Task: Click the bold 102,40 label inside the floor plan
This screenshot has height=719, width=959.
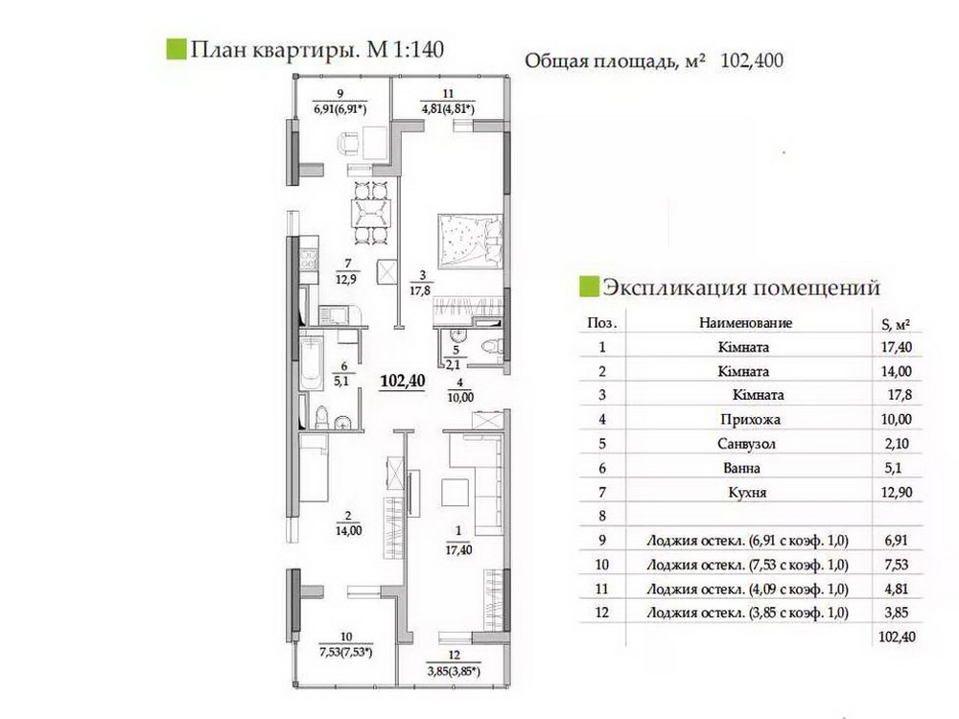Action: (403, 381)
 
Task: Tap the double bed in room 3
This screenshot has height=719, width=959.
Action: (470, 241)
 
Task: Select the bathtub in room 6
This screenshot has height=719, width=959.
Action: (312, 362)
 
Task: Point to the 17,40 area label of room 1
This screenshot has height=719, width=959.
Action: (458, 550)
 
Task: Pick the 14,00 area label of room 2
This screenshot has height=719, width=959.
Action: (349, 531)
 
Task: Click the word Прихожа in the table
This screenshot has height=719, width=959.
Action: (751, 420)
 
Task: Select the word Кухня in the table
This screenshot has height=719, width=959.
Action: (747, 492)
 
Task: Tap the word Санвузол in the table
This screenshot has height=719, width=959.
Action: (746, 444)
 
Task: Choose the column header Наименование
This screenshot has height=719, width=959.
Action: (745, 323)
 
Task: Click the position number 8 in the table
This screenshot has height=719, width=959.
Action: (602, 516)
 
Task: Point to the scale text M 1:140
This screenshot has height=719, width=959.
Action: (405, 50)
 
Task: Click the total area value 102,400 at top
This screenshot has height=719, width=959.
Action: (752, 60)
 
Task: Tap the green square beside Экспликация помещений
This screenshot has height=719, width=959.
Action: (589, 287)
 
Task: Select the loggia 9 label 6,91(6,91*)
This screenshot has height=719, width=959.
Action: (340, 109)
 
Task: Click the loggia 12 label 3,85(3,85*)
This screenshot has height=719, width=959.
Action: (454, 671)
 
